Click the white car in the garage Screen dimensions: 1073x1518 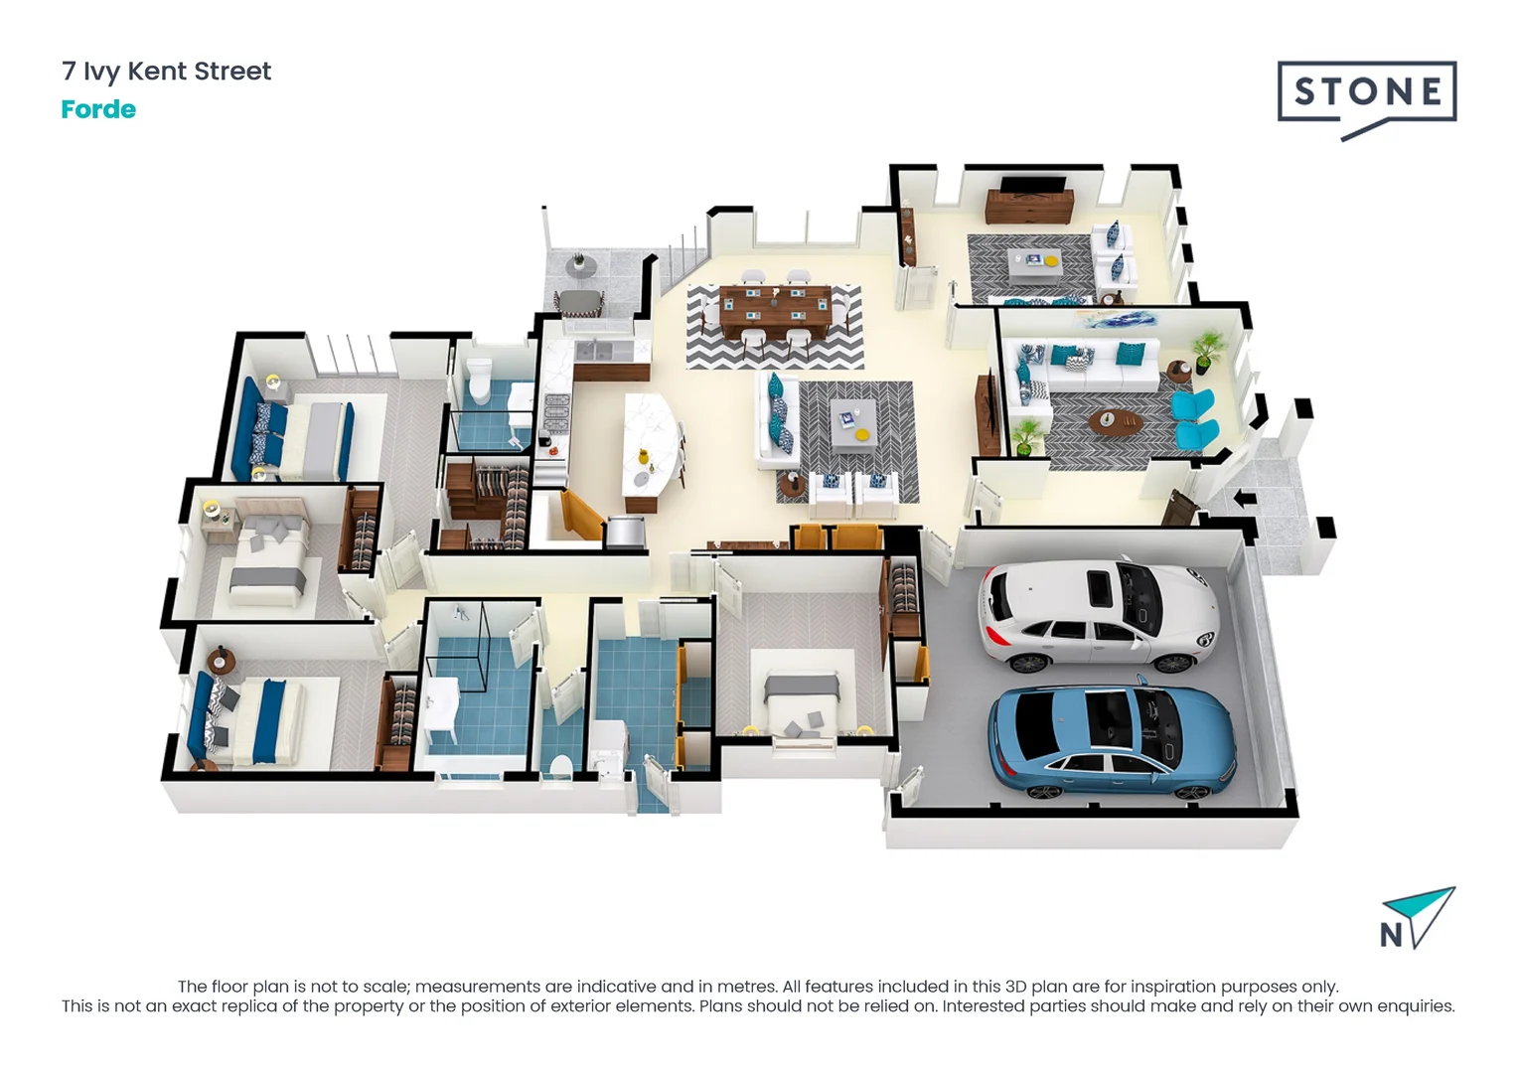tap(1098, 616)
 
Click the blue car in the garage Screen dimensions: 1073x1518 tap(1111, 740)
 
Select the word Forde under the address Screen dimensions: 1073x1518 tap(98, 109)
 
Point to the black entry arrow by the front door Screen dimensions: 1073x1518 tap(1243, 498)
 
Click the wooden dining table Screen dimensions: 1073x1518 tap(775, 309)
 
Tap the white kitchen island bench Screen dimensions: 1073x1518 tap(651, 442)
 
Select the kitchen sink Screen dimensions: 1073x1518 tap(593, 350)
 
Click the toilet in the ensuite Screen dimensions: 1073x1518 tap(480, 381)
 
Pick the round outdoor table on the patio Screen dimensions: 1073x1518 tap(576, 266)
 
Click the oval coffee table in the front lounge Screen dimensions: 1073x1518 tap(1115, 421)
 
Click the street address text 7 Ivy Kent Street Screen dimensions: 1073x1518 tap(166, 72)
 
